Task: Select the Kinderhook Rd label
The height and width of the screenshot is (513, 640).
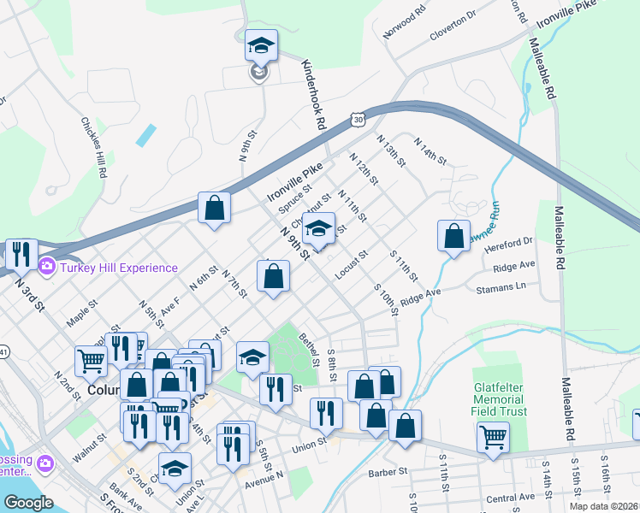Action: click(x=315, y=94)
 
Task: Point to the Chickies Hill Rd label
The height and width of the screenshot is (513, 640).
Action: click(x=94, y=148)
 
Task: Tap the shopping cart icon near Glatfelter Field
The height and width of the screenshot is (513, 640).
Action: click(x=494, y=438)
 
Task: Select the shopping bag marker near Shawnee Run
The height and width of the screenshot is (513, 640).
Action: click(x=454, y=236)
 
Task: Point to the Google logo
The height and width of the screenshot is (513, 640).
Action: click(x=28, y=503)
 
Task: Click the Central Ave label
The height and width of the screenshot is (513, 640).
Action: click(x=510, y=497)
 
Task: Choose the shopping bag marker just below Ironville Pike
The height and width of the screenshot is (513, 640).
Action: click(x=214, y=208)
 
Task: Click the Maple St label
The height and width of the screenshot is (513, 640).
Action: click(x=82, y=318)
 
